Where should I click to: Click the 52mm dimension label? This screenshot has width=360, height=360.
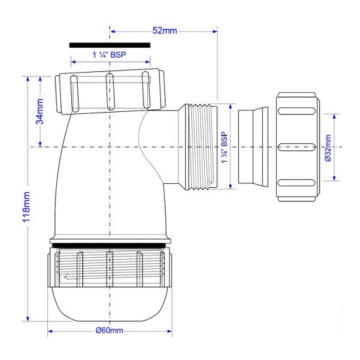click(x=163, y=30)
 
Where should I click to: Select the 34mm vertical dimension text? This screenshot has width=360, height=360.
click(x=40, y=112)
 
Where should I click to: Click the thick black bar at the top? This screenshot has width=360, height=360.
click(x=109, y=45)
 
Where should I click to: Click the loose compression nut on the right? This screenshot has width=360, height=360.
click(x=298, y=147)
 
